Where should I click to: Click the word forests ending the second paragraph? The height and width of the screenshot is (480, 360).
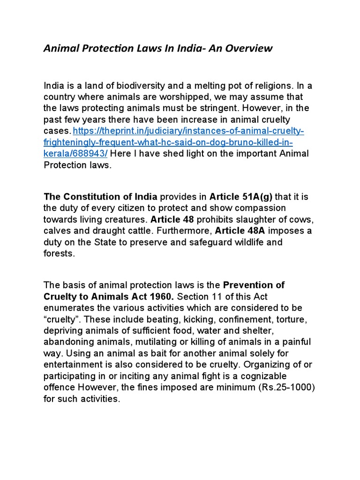[x=59, y=254]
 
